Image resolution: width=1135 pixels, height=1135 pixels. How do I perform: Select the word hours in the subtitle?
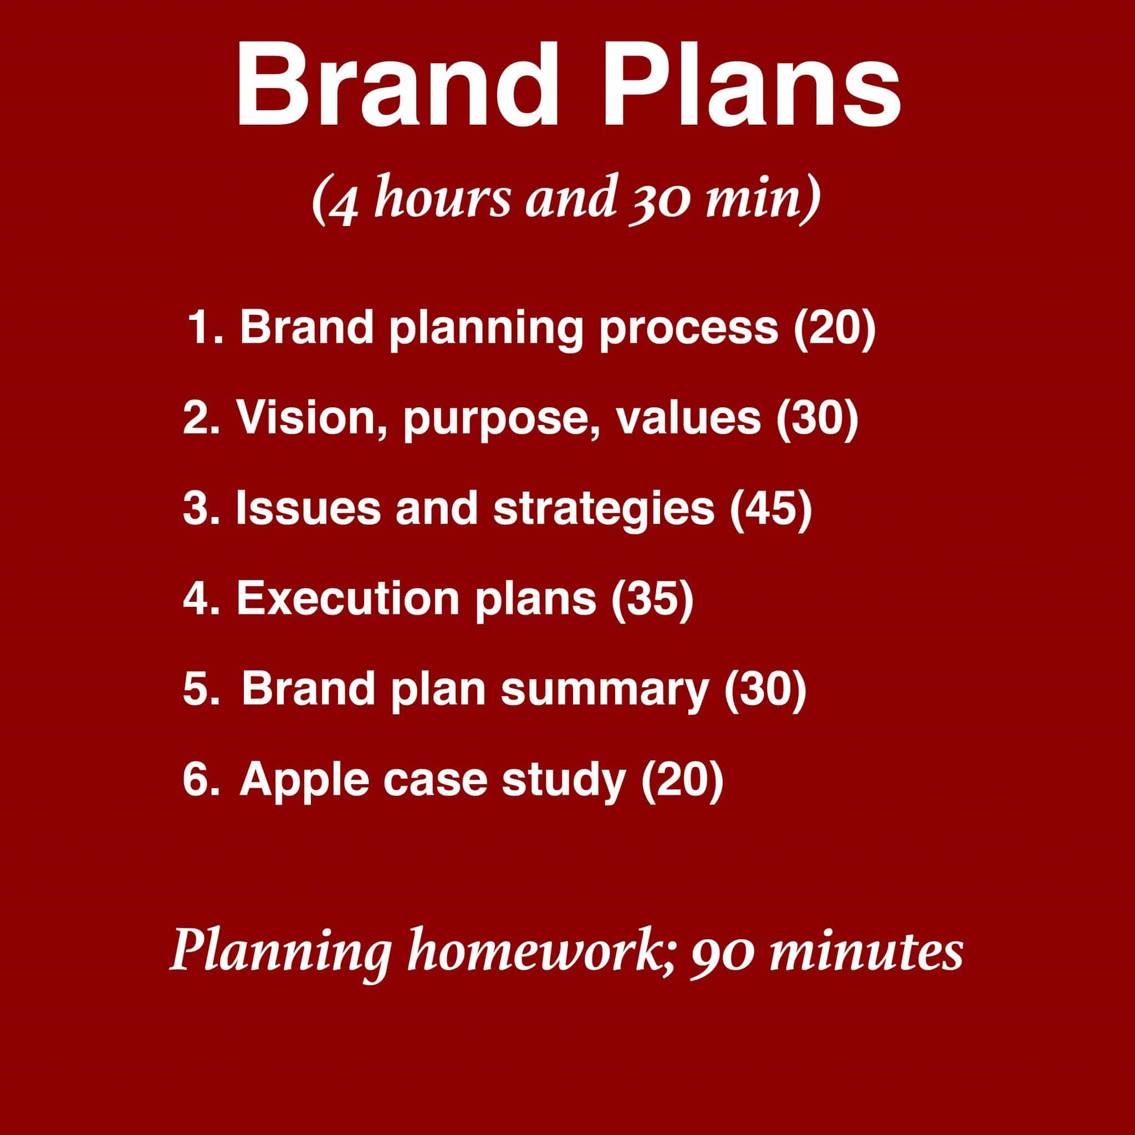pyautogui.click(x=442, y=194)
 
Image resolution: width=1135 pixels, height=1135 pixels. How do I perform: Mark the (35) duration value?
pyautogui.click(x=653, y=599)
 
